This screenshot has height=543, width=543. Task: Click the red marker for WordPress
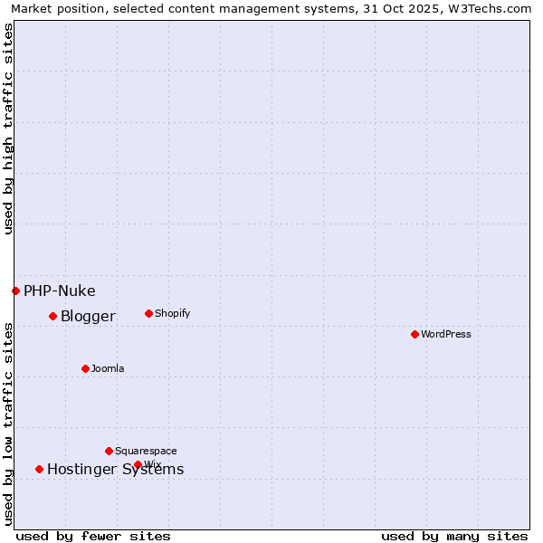[x=414, y=334]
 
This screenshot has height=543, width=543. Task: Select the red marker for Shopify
[x=148, y=313]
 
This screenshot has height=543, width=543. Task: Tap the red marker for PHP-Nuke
[x=15, y=291]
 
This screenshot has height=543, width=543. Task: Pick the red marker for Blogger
[x=52, y=316]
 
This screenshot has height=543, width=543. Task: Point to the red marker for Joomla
[x=85, y=368]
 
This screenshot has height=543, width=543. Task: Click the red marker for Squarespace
[x=109, y=451]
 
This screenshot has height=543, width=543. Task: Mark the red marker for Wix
[x=138, y=464]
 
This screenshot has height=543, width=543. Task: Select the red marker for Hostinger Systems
[x=39, y=469]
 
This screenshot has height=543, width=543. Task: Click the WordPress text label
[x=446, y=334]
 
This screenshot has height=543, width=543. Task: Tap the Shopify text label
[x=172, y=313]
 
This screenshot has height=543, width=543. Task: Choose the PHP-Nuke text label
[x=60, y=291]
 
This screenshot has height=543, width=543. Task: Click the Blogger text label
[x=88, y=316]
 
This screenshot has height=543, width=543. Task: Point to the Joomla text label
[x=108, y=368]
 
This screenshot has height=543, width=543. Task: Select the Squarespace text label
[x=146, y=451]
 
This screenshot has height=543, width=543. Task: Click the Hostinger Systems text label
[x=115, y=469]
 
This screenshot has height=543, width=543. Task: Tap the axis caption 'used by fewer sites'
[x=93, y=536]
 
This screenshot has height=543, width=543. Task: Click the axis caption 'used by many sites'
[x=454, y=536]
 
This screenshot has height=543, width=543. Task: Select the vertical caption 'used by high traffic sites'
[x=8, y=129]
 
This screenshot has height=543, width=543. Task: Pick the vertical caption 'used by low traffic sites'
[x=8, y=424]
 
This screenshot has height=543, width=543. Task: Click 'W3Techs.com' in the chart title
[x=492, y=8]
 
